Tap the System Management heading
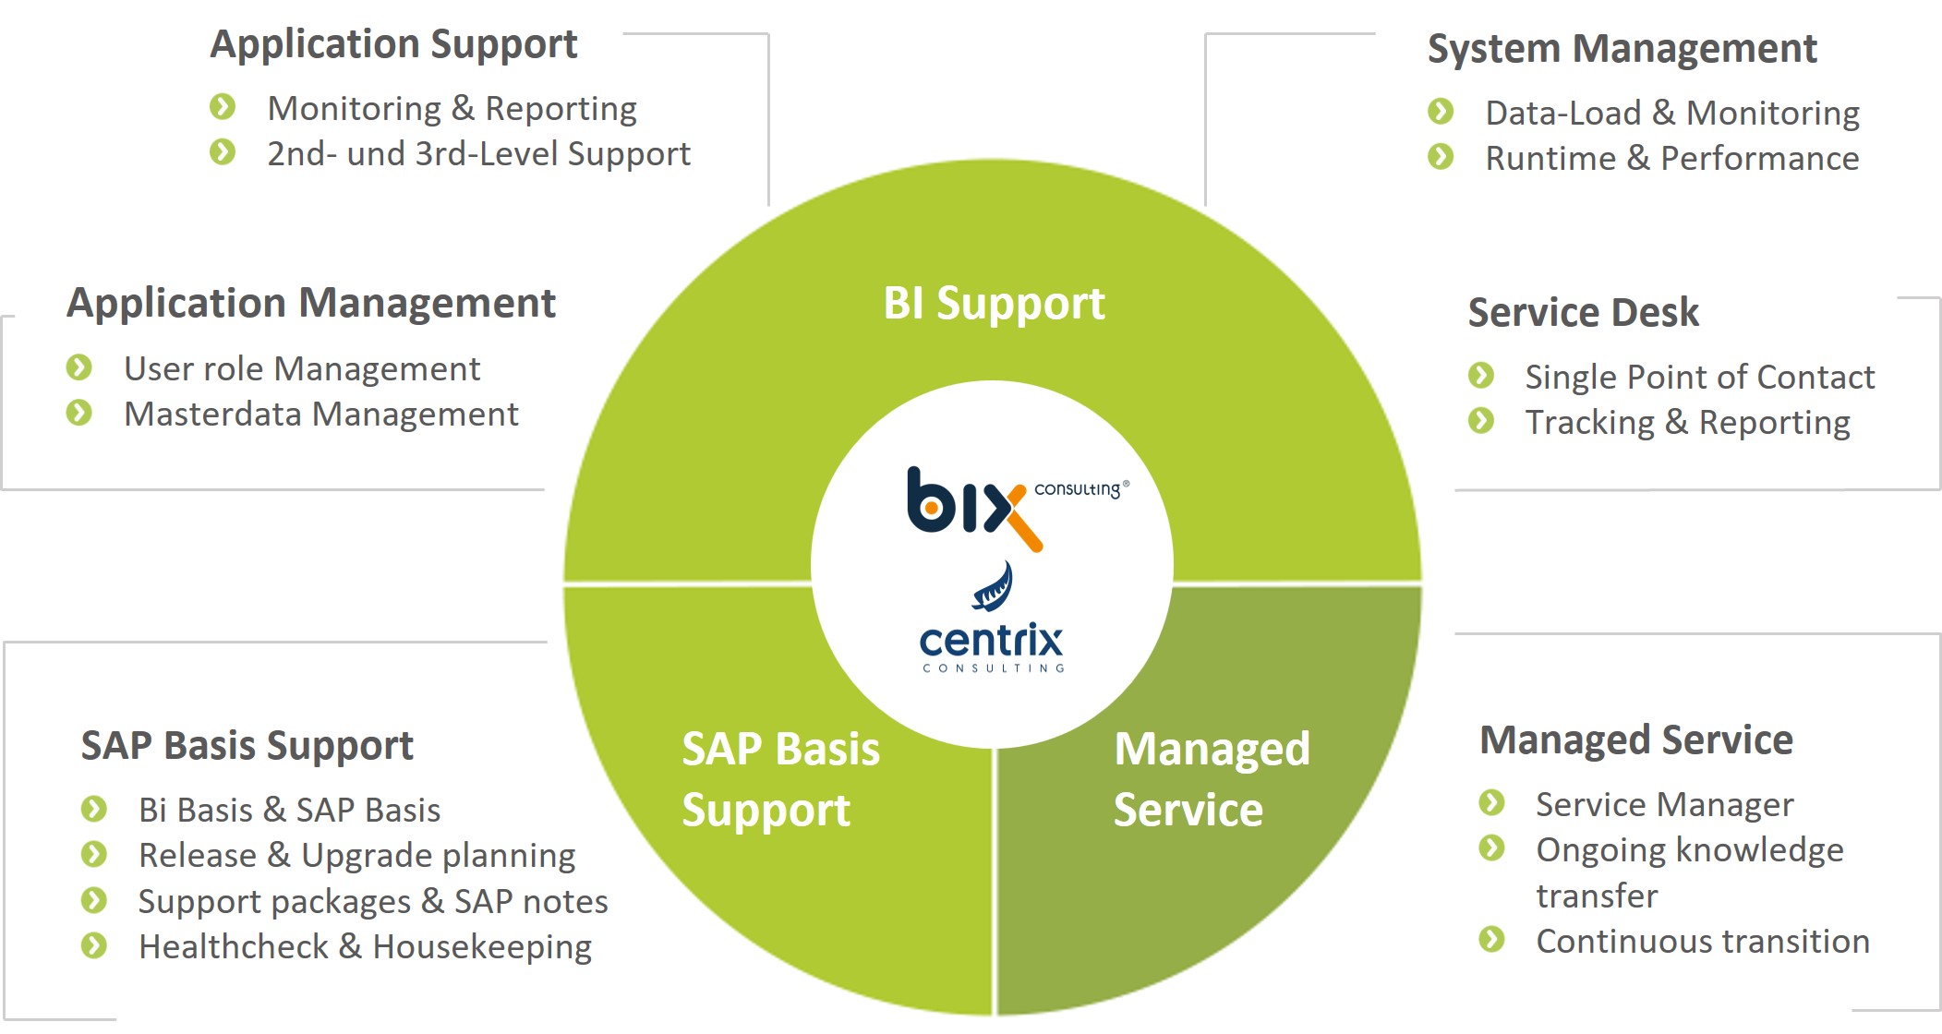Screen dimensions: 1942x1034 1622,49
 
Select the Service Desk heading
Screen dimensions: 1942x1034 1583,312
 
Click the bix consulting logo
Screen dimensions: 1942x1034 1016,508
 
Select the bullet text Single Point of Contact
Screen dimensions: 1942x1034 1699,377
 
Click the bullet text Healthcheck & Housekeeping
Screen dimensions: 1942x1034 365,947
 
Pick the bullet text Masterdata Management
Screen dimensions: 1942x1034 321,415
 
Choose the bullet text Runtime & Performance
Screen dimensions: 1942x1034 1672,159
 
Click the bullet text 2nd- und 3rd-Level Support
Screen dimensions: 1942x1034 478,154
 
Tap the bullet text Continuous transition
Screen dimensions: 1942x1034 1703,942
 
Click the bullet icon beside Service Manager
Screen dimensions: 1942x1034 1492,802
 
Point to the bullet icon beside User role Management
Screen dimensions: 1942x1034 79,367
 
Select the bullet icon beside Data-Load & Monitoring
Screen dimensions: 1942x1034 1441,112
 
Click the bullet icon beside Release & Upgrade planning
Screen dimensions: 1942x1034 94,854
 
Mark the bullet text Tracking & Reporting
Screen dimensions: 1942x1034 1687,423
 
